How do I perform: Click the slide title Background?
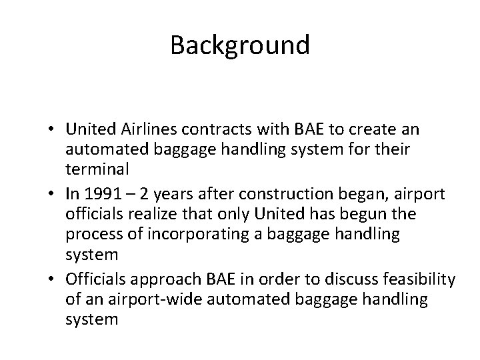240,45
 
